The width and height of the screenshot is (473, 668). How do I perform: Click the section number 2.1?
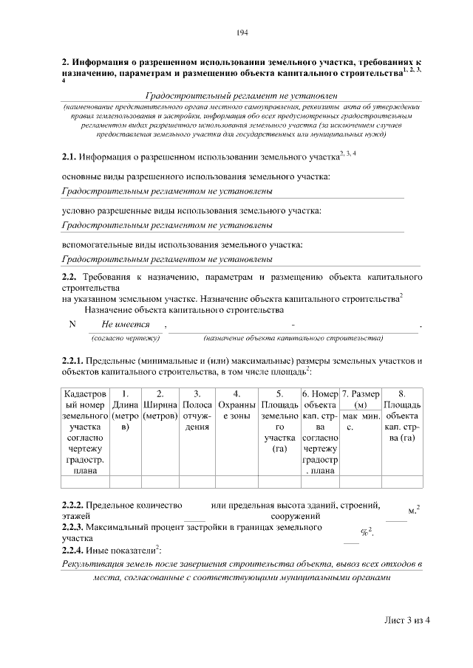pos(68,156)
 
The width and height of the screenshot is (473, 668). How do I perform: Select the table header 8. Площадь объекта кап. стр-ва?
pos(402,421)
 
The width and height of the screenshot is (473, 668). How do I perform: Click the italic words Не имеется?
pos(126,325)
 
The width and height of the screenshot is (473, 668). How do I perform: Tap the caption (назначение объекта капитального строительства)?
pos(293,338)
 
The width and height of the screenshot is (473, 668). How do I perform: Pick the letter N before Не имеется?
pos(72,325)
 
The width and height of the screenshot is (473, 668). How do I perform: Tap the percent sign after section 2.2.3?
pos(364,533)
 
